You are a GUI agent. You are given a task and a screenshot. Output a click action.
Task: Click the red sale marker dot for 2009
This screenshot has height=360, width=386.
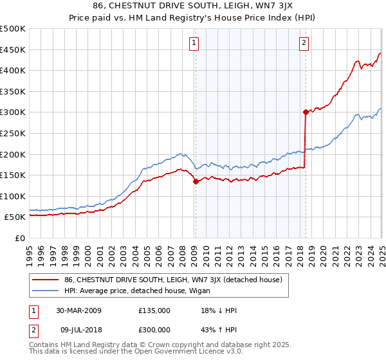click(x=196, y=182)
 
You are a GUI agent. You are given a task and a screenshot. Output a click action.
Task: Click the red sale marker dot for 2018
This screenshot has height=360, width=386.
click(x=305, y=112)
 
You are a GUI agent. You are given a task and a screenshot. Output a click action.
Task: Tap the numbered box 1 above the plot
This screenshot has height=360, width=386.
click(x=194, y=43)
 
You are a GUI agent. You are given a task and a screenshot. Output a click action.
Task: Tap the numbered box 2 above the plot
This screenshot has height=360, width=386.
click(x=303, y=43)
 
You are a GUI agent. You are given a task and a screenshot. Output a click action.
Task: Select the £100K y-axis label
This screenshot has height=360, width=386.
click(x=13, y=196)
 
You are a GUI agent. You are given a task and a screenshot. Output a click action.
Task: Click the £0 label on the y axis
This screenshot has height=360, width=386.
click(x=20, y=238)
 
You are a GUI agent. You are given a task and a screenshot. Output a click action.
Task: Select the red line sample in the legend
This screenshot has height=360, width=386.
click(x=46, y=280)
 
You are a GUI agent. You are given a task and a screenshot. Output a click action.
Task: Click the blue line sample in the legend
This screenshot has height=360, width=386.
click(x=46, y=291)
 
